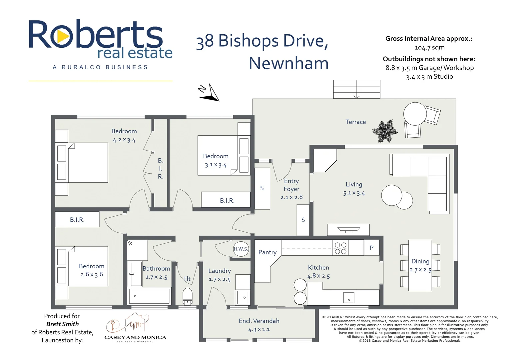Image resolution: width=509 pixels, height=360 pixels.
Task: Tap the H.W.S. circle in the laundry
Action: [x=241, y=249]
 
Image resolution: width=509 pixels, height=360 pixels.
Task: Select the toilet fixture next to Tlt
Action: [x=188, y=296]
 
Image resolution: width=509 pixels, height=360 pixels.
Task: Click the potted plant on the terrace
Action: [x=385, y=131]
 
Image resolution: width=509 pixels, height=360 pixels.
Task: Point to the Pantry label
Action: [x=267, y=252]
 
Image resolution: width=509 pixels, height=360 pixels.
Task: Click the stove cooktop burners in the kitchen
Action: [x=340, y=248]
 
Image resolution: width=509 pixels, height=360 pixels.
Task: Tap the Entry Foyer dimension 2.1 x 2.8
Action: [x=291, y=197]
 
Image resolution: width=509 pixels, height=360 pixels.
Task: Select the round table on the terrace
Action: [x=415, y=114]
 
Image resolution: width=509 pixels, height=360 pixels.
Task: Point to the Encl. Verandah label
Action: [x=259, y=321]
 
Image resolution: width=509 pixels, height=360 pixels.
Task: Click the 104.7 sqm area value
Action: [x=429, y=47]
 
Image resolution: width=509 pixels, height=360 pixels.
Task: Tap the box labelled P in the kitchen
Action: [x=371, y=248]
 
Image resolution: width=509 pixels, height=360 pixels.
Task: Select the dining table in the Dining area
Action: [x=420, y=265]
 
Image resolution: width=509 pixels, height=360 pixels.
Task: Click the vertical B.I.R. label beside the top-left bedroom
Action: [x=161, y=169]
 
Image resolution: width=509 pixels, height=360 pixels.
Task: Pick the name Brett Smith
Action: [x=62, y=324]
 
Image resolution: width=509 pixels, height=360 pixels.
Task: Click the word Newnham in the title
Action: [x=288, y=63]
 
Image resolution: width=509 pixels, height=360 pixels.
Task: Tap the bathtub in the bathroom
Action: [x=149, y=296]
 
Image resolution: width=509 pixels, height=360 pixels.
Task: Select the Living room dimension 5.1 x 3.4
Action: [x=354, y=193]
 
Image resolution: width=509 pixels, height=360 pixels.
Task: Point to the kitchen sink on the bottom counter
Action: [x=348, y=297]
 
